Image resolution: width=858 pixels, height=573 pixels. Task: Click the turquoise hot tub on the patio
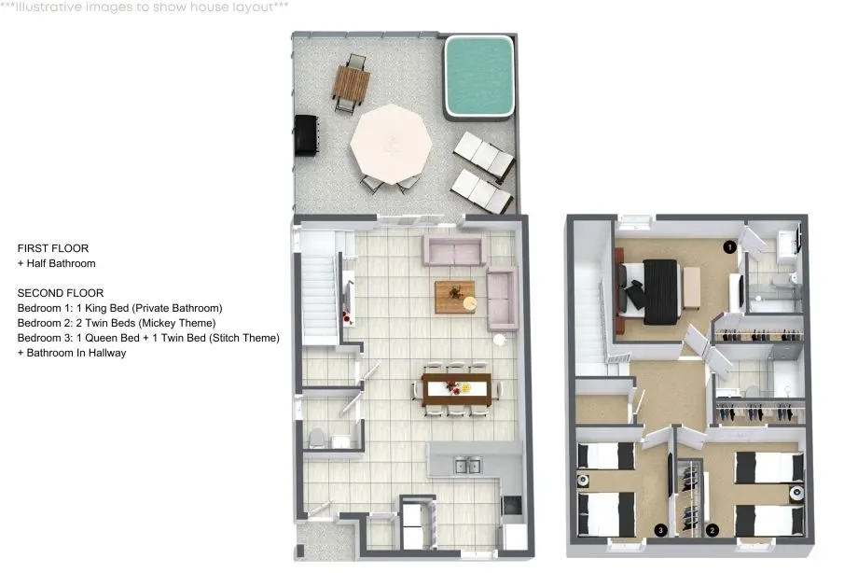pyautogui.click(x=478, y=77)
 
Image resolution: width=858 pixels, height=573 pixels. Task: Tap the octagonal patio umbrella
pyautogui.click(x=391, y=144)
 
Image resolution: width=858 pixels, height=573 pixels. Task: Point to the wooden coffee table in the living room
pyautogui.click(x=455, y=297)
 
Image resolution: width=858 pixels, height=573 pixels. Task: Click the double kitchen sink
pyautogui.click(x=467, y=467)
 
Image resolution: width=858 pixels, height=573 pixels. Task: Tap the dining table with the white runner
pyautogui.click(x=457, y=388)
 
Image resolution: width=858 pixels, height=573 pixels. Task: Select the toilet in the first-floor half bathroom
pyautogui.click(x=317, y=439)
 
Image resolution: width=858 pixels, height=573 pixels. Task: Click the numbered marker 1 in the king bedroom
pyautogui.click(x=729, y=247)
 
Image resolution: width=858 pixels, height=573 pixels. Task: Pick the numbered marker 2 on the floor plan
pyautogui.click(x=712, y=530)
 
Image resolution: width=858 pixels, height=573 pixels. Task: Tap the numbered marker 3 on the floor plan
pyautogui.click(x=661, y=530)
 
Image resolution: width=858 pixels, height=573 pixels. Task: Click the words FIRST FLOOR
pyautogui.click(x=53, y=248)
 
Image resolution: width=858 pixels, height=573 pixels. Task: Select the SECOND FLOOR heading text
pyautogui.click(x=61, y=293)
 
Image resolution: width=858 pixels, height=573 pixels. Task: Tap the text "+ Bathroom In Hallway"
pyautogui.click(x=72, y=353)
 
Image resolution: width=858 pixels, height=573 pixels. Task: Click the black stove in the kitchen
pyautogui.click(x=512, y=505)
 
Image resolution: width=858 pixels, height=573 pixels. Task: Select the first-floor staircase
pyautogui.click(x=317, y=287)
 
